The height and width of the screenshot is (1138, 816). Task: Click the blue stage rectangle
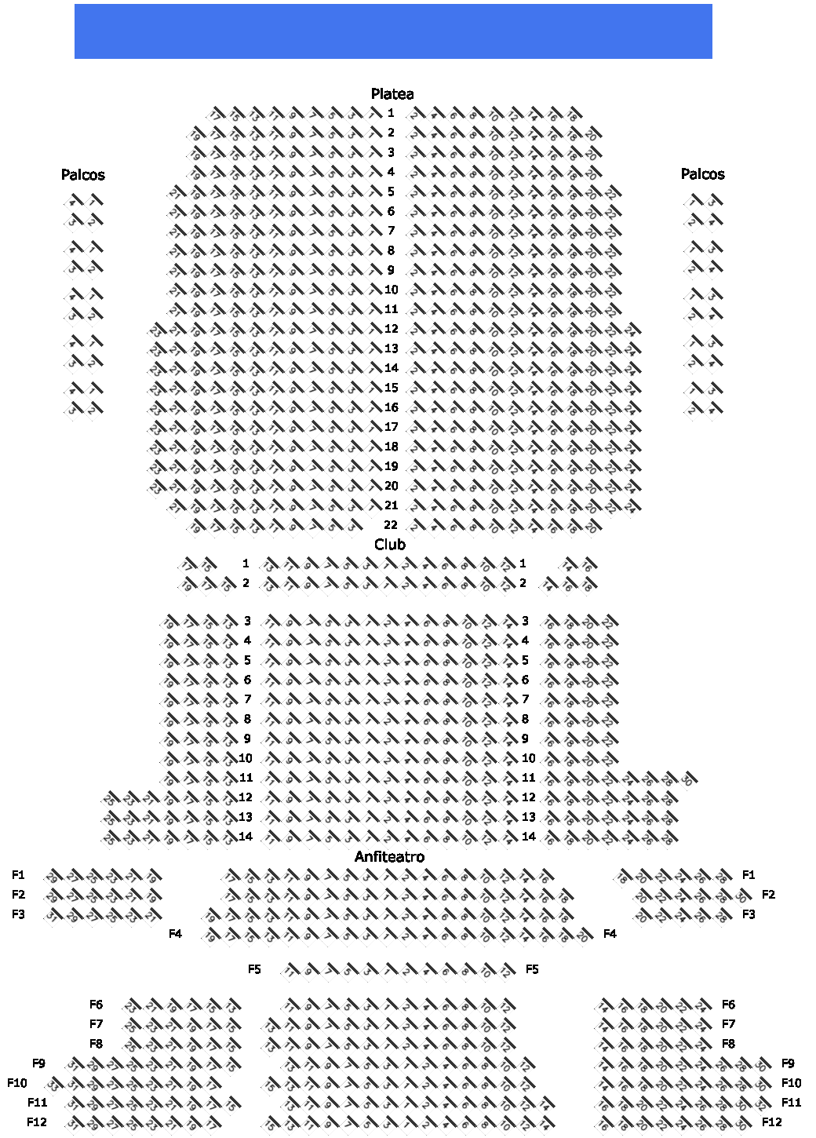pyautogui.click(x=393, y=31)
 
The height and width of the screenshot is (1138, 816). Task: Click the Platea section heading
pyautogui.click(x=392, y=94)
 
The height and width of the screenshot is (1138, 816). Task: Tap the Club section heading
pyautogui.click(x=390, y=545)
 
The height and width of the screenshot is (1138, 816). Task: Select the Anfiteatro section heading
pyautogui.click(x=389, y=857)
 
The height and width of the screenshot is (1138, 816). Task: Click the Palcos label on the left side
pyautogui.click(x=82, y=175)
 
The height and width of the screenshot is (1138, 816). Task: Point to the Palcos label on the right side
pyautogui.click(x=702, y=174)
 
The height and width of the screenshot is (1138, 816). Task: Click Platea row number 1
pyautogui.click(x=391, y=113)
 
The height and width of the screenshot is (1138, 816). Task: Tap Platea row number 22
pyautogui.click(x=391, y=525)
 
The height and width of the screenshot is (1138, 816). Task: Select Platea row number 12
pyautogui.click(x=391, y=329)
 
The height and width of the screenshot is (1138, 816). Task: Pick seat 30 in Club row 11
pyautogui.click(x=687, y=779)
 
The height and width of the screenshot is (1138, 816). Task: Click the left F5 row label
pyautogui.click(x=254, y=969)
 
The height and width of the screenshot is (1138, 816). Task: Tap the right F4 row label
pyautogui.click(x=610, y=934)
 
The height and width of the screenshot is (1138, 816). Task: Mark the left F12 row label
pyautogui.click(x=37, y=1122)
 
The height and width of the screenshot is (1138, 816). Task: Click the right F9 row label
pyautogui.click(x=788, y=1063)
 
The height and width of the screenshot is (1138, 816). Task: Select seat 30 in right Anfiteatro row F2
pyautogui.click(x=741, y=896)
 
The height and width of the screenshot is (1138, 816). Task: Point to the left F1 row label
pyautogui.click(x=18, y=875)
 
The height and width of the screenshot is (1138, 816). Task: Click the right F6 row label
pyautogui.click(x=728, y=1005)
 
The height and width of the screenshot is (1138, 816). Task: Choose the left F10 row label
pyautogui.click(x=17, y=1083)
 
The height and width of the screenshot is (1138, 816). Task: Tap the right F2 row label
pyautogui.click(x=768, y=895)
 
